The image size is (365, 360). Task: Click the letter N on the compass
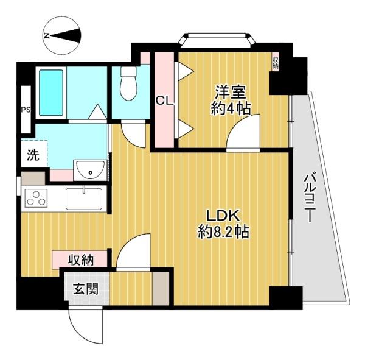(47, 36)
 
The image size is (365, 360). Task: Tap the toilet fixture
(128, 83)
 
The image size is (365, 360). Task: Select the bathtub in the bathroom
(51, 93)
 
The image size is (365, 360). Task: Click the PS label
(26, 110)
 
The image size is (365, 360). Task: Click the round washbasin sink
(90, 170)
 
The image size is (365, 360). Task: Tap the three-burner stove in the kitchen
(36, 198)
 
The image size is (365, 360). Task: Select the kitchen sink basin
(84, 199)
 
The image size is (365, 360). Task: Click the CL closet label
(165, 101)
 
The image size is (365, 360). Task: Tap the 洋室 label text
(230, 93)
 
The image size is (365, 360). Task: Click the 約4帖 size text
(231, 108)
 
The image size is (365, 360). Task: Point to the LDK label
(223, 216)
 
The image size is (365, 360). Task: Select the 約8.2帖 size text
(223, 231)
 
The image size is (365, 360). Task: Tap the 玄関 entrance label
(86, 289)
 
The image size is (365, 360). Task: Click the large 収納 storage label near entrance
(81, 259)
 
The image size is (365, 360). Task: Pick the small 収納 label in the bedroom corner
(275, 62)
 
